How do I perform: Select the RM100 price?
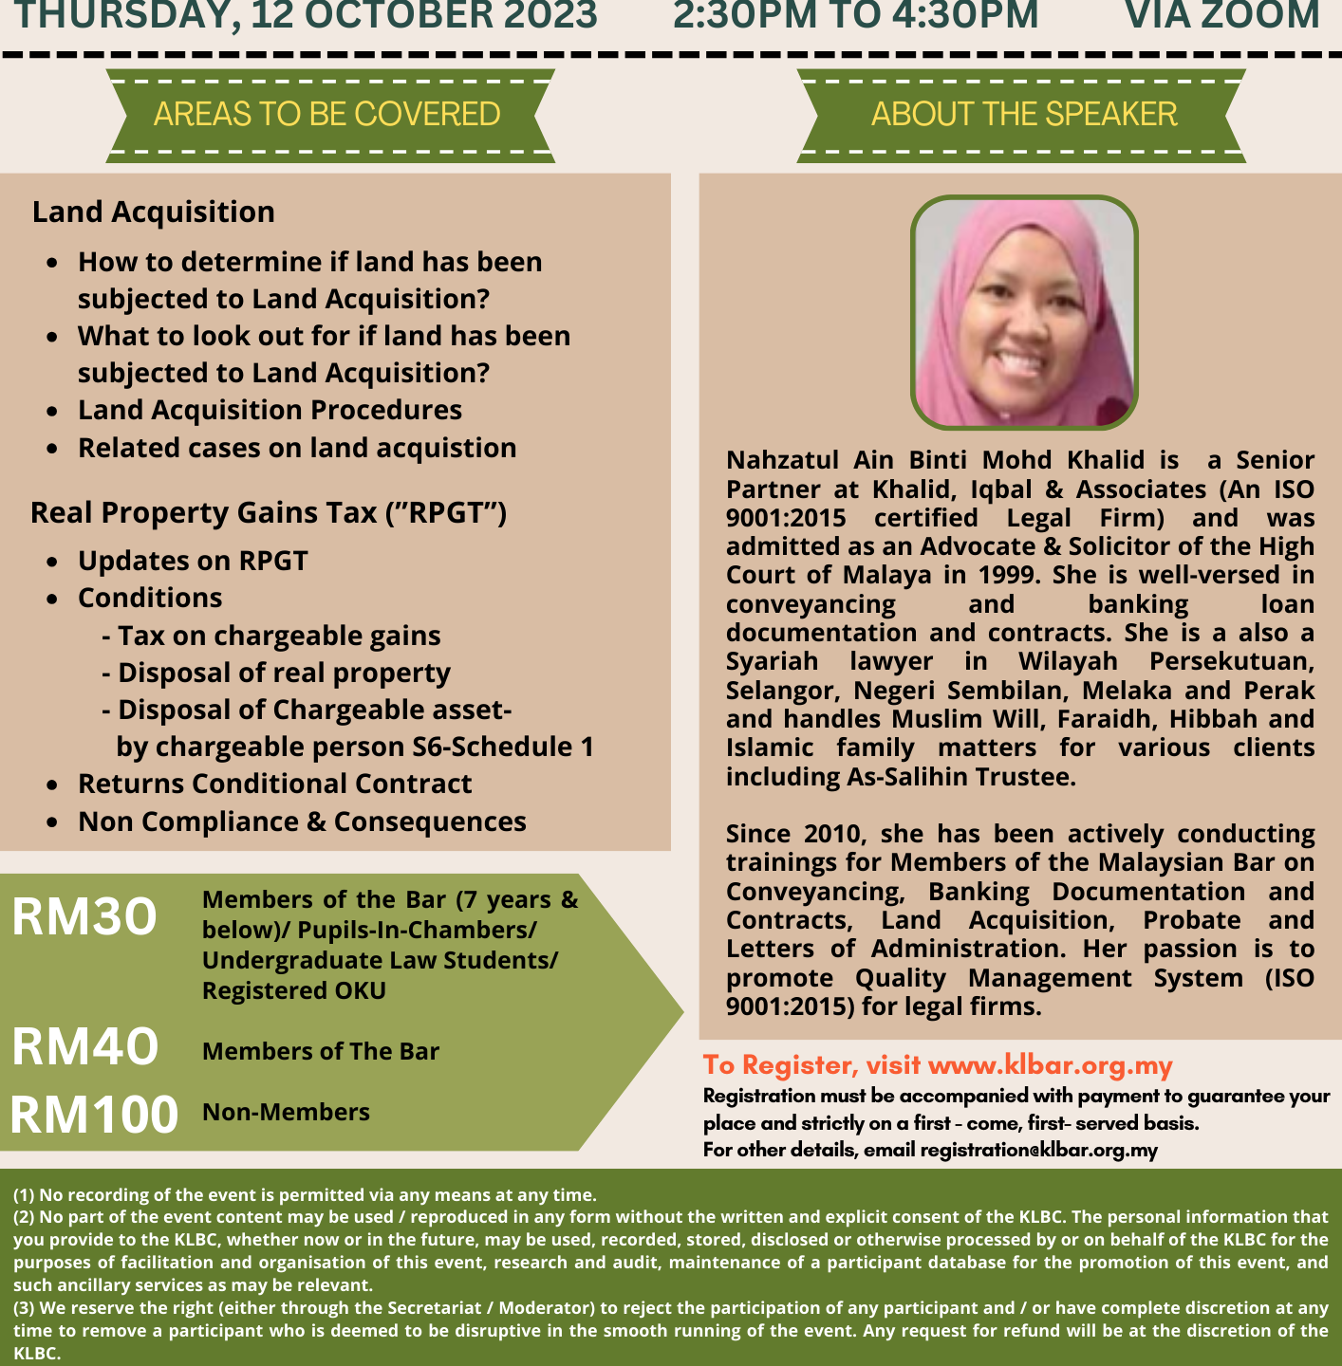[94, 1114]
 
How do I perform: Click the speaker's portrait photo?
[1024, 312]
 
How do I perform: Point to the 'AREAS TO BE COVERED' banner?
[327, 114]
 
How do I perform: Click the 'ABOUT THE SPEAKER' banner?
[1023, 114]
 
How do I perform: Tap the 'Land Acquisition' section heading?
[154, 212]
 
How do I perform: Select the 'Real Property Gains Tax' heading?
[269, 512]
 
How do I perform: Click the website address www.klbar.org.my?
[1050, 1065]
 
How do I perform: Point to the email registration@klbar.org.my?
[1038, 1150]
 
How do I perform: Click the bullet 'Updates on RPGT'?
[193, 561]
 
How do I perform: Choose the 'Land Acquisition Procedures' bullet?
[270, 410]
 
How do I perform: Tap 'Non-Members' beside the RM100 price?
[286, 1112]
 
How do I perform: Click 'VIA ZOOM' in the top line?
[1222, 15]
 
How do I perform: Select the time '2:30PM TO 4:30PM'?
[856, 15]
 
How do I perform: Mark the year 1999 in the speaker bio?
[1010, 575]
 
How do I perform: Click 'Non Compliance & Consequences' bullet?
[302, 821]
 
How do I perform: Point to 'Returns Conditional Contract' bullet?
[274, 784]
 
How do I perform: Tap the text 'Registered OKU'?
[294, 990]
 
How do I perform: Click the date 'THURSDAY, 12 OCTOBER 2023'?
[306, 15]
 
